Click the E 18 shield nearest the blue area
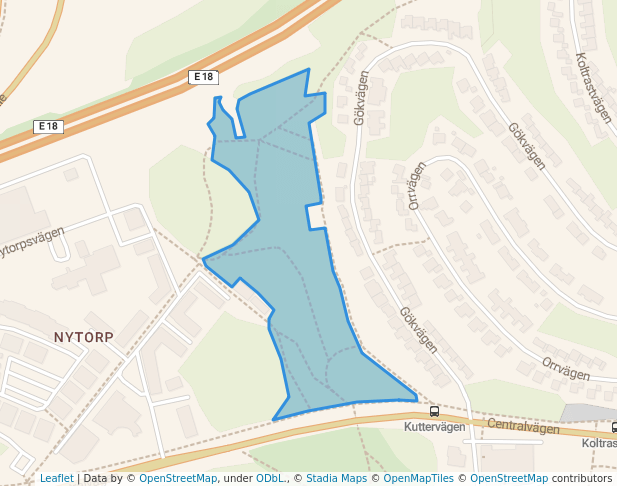click(203, 76)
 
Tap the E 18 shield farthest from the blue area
click(47, 126)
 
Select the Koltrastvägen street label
click(594, 88)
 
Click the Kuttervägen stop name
click(435, 427)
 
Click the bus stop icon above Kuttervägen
click(434, 411)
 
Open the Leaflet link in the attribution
click(56, 478)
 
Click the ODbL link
click(270, 478)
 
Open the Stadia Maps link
click(336, 478)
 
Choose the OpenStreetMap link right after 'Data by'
click(178, 478)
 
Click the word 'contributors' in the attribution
click(582, 478)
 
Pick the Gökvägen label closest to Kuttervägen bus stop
click(418, 329)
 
